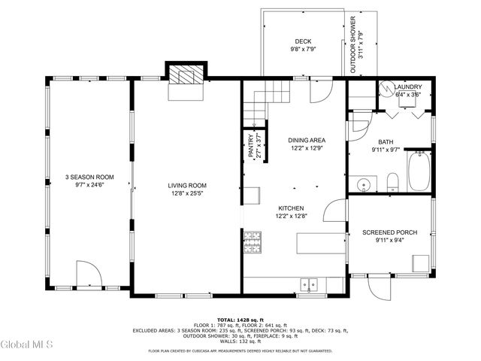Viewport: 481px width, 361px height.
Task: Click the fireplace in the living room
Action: [186, 76]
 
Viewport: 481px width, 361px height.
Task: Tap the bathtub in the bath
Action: [419, 172]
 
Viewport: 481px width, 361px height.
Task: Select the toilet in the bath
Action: [392, 182]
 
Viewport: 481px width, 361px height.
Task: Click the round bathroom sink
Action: [365, 184]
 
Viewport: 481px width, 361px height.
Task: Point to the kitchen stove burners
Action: [251, 242]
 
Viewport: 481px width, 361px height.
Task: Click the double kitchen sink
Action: [309, 284]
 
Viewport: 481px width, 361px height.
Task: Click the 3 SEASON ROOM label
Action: [89, 177]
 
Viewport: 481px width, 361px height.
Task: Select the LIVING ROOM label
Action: [187, 186]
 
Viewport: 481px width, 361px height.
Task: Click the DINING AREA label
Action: [307, 140]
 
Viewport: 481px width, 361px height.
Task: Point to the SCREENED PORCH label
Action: [389, 232]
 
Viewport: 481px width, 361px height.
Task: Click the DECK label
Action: [303, 41]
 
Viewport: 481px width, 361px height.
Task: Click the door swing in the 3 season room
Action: [86, 273]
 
